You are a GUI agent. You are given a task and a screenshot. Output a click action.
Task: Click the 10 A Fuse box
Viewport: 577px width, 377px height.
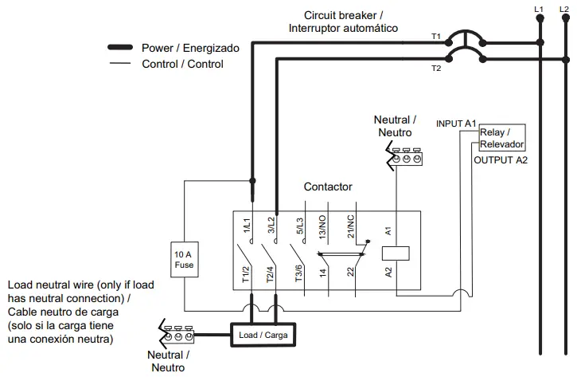click(184, 259)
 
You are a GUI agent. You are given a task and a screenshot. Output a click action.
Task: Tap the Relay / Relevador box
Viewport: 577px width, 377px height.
click(501, 138)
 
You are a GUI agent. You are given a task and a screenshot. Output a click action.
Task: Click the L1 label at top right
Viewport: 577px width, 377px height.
click(538, 8)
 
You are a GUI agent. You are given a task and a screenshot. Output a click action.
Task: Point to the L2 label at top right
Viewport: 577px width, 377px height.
click(564, 8)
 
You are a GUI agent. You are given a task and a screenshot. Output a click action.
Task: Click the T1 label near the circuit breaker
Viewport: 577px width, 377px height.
click(435, 37)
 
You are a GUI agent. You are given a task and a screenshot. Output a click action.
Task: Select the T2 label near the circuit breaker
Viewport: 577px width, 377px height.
click(435, 69)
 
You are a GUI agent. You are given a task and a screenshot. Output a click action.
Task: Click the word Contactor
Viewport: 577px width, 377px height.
click(328, 187)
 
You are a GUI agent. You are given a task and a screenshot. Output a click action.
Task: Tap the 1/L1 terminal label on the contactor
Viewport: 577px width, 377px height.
click(248, 226)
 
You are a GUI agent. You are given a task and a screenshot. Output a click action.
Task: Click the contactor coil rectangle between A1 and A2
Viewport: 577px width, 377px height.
click(396, 253)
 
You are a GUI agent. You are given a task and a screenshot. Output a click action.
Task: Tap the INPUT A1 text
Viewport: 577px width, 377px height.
click(456, 124)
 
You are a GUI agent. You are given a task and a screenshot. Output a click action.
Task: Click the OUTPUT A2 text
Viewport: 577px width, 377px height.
click(501, 160)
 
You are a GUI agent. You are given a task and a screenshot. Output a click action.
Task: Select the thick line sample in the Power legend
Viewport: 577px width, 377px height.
click(119, 49)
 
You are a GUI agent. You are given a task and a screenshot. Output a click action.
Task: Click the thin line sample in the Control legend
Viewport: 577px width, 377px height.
click(119, 64)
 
